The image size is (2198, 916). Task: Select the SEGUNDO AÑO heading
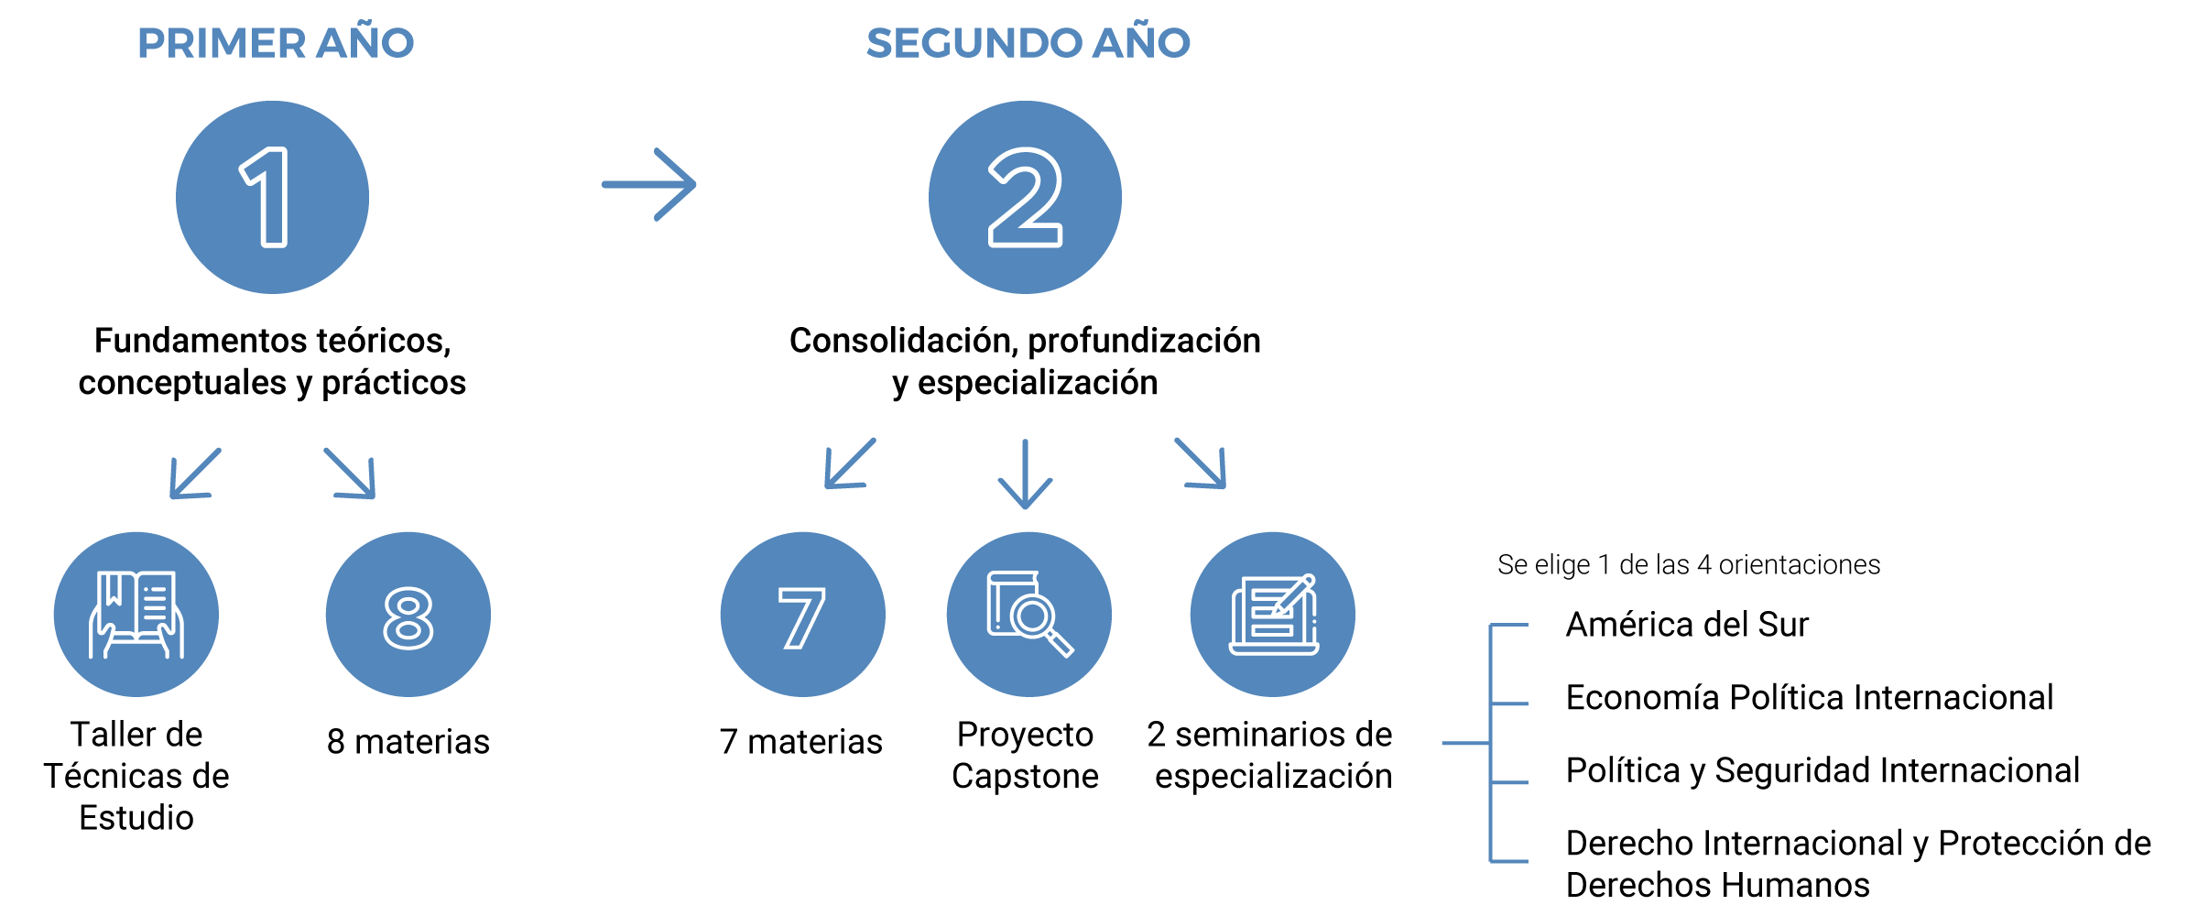1028,42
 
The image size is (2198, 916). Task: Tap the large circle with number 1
272,197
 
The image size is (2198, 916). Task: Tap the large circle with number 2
1025,197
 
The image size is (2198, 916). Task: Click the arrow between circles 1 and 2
648,184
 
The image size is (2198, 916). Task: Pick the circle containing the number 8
408,615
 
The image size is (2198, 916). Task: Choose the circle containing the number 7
802,615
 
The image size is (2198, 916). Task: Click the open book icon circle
136,615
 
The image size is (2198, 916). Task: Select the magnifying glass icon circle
1028,615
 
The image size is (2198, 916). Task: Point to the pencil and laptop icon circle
1272,615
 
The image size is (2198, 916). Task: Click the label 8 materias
408,741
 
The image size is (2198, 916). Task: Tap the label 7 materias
800,741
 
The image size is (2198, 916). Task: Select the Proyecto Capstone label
1025,755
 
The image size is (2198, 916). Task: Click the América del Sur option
1687,624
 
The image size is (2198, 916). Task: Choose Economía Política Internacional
1810,697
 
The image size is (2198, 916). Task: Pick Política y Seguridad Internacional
1823,770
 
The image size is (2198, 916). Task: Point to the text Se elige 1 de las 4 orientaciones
1689,564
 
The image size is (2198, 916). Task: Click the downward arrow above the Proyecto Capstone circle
1025,474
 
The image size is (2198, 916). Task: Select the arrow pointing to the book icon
195,473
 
